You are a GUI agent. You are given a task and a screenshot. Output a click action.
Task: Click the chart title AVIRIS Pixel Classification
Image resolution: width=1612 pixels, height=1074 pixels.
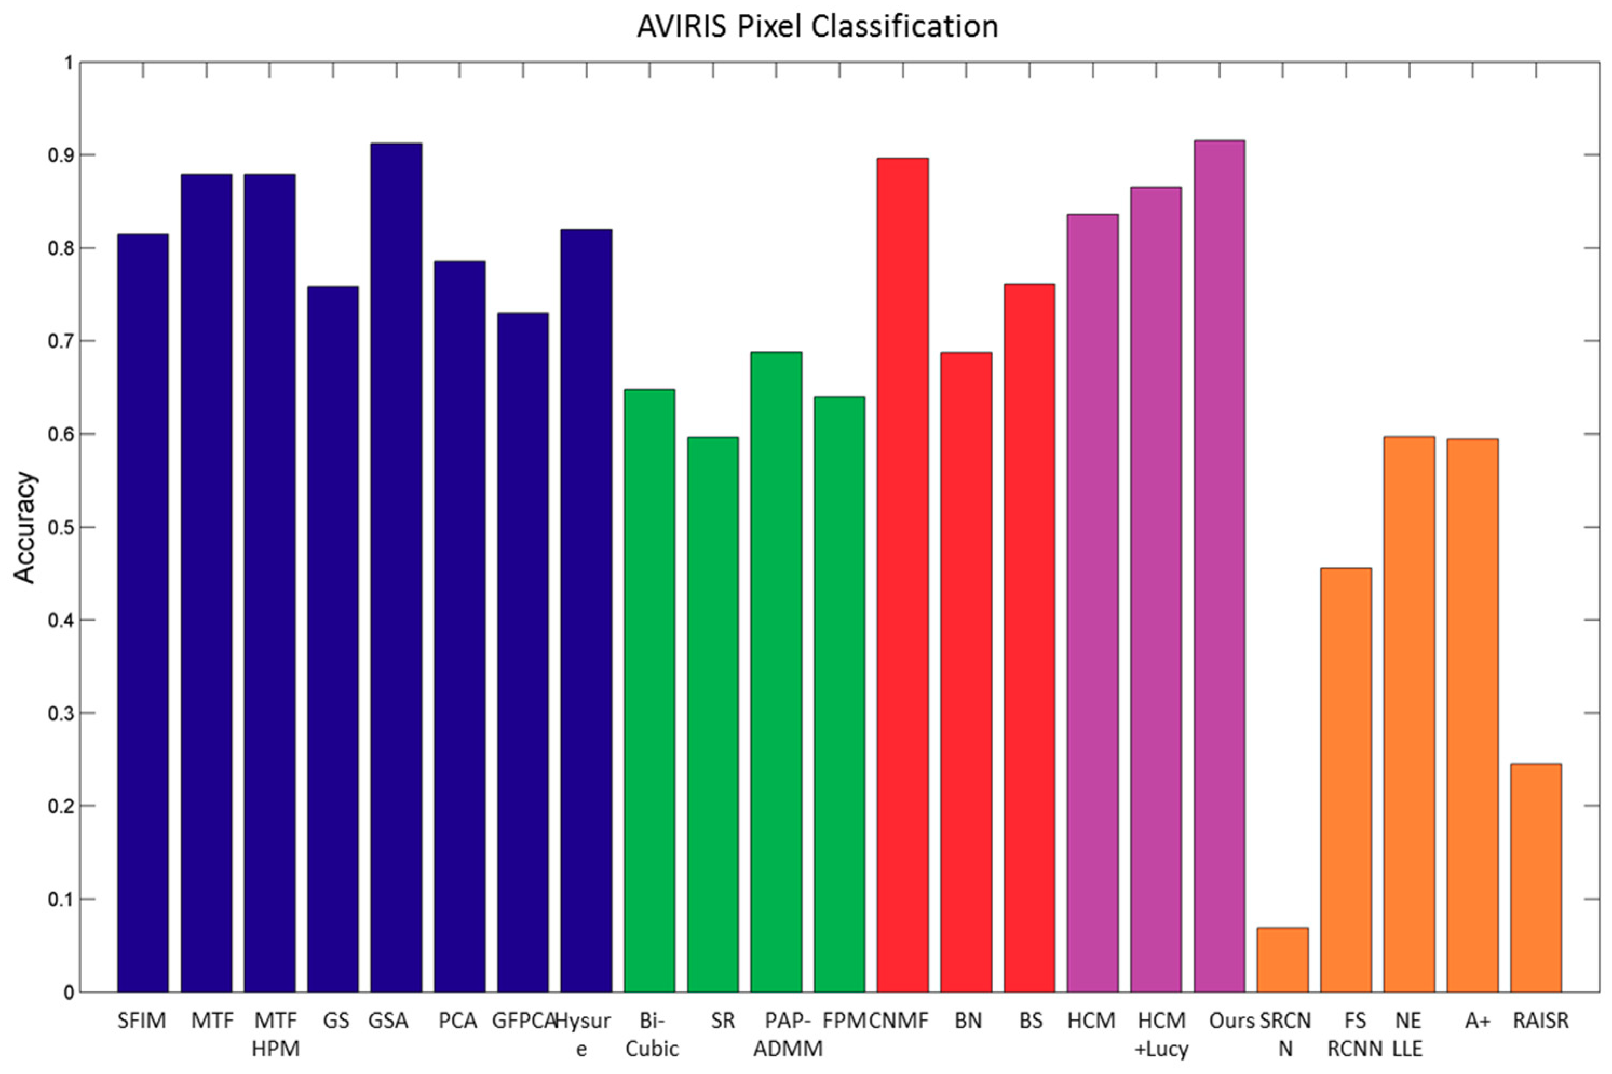(817, 26)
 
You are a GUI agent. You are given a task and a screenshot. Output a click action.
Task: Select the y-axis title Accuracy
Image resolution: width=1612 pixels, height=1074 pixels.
(25, 527)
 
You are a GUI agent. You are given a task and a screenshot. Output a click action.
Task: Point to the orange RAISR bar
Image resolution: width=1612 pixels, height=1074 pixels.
(1535, 878)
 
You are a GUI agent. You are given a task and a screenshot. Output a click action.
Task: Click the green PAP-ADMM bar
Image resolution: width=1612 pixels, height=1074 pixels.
(776, 671)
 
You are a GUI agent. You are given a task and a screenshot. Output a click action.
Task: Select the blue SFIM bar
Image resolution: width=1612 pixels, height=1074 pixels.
(143, 613)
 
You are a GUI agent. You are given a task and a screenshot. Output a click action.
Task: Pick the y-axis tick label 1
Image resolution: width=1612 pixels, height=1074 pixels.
(67, 63)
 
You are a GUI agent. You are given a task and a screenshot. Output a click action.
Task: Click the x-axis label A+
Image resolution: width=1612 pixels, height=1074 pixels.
(1477, 1021)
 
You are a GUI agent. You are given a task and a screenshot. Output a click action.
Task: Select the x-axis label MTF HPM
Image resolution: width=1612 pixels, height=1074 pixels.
(275, 1034)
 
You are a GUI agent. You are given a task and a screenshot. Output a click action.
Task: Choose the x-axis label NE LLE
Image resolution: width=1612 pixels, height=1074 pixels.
(1408, 1034)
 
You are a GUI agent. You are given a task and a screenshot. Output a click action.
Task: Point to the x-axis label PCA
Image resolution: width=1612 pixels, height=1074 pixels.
(458, 1021)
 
